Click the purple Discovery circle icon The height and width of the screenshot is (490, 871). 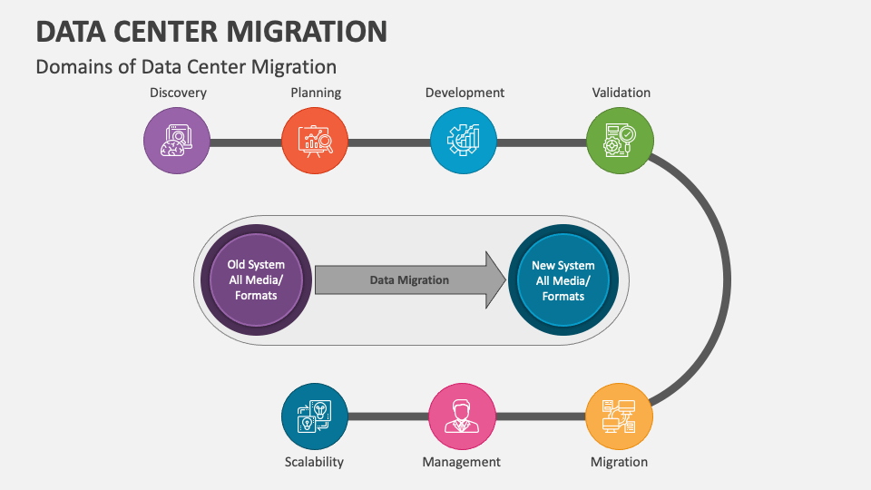click(x=177, y=142)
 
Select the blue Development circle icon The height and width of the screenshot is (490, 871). click(x=464, y=142)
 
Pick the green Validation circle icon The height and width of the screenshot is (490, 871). click(x=620, y=142)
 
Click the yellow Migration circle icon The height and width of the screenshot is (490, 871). click(x=620, y=416)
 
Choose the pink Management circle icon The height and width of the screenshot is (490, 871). click(x=462, y=416)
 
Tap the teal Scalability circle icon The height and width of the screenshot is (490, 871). click(x=315, y=416)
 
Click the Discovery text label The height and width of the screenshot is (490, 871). click(x=178, y=93)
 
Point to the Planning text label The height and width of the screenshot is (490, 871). click(x=316, y=93)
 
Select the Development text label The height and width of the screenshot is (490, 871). click(x=465, y=93)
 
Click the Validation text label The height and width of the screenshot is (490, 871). click(x=621, y=93)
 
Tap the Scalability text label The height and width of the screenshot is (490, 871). click(x=314, y=462)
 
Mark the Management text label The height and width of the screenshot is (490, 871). click(x=461, y=462)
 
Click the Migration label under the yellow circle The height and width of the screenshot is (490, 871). click(x=619, y=462)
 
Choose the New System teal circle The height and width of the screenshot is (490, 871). click(x=563, y=280)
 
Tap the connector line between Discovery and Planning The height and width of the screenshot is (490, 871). click(x=246, y=142)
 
